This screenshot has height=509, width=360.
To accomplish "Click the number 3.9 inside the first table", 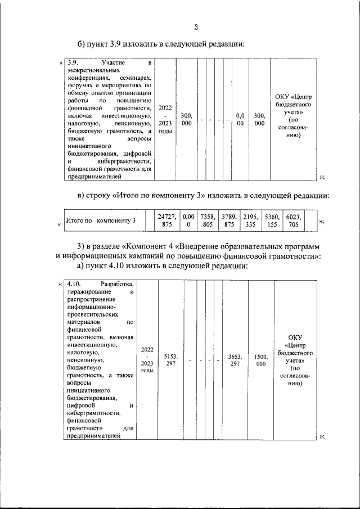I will [71, 62].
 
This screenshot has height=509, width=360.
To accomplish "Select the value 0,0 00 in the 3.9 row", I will [240, 120].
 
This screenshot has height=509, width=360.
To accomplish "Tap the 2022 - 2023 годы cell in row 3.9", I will [165, 119].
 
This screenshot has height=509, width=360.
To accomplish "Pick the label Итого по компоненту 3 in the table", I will [101, 220].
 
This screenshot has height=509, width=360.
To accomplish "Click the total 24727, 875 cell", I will [167, 220].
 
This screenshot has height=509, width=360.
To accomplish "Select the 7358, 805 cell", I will [208, 220].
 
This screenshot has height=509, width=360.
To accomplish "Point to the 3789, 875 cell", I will [228, 220].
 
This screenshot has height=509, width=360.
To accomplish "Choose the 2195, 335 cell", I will [250, 220].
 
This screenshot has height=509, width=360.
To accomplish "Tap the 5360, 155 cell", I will [272, 220].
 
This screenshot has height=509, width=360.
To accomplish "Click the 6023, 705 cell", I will [293, 220].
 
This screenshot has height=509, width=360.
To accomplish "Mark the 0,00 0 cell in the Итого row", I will [188, 220].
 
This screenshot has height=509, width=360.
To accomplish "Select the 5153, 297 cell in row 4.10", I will [170, 360].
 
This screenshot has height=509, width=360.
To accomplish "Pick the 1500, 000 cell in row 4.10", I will [260, 360].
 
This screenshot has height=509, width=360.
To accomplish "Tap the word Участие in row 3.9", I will [113, 62].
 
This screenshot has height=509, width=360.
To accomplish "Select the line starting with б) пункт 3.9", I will [161, 45].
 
